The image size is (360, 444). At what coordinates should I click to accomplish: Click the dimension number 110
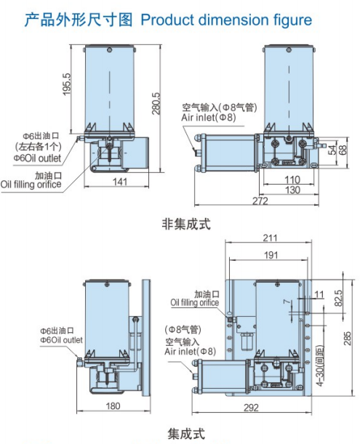[292, 179]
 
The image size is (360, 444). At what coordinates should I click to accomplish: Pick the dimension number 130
[292, 190]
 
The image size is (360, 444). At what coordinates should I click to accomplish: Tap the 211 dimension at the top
[271, 237]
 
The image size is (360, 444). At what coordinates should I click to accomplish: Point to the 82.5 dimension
[337, 298]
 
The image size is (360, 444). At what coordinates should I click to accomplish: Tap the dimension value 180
[113, 406]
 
